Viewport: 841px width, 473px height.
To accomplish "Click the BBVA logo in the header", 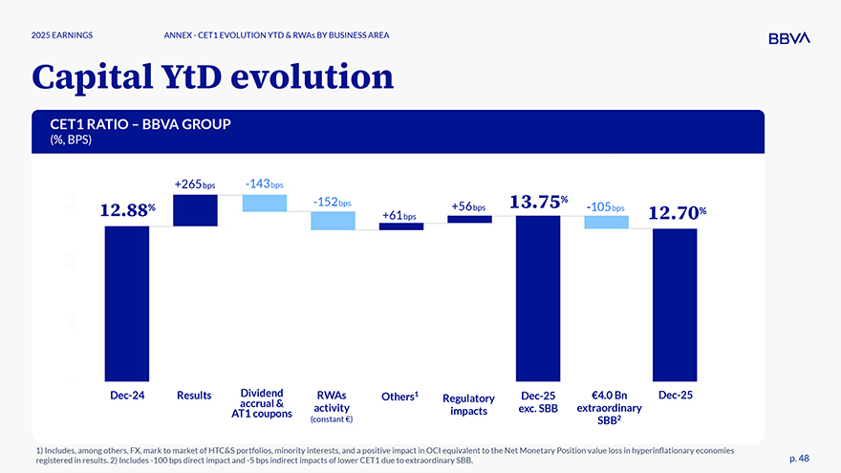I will coord(788,37).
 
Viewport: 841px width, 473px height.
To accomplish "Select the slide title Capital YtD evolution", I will coord(212,77).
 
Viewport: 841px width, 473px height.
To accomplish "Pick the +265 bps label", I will coord(195,183).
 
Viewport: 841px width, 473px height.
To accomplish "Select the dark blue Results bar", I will coord(195,210).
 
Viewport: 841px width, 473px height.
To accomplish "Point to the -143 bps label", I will coord(264,183).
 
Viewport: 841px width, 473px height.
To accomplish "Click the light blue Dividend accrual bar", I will coord(264,203).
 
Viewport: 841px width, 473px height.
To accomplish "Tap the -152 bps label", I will coord(333,202).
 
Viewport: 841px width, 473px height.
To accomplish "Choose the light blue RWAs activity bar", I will coord(333,221).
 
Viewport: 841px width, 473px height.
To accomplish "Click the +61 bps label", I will coord(400,216).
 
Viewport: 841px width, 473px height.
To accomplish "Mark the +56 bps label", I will coord(469,206).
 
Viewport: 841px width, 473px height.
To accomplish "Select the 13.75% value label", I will coord(539,202).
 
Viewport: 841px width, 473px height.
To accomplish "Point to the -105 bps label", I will coord(606,206).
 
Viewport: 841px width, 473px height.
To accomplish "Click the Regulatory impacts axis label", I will coord(468,404).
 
